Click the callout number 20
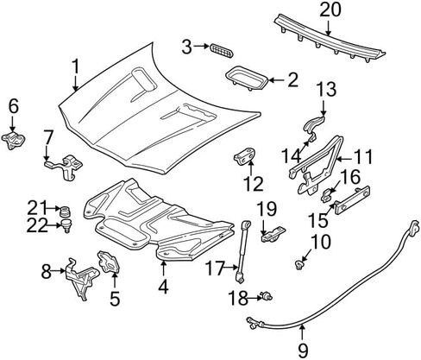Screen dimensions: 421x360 pos(330,10)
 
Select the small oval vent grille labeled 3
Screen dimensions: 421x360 pos(222,51)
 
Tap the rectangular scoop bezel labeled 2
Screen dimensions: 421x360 pos(247,79)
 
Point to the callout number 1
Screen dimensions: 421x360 pos(76,67)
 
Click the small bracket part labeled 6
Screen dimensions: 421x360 pos(14,140)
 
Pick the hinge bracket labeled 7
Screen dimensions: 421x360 pos(66,167)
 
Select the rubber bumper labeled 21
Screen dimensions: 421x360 pos(65,212)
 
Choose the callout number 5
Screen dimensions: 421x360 pos(115,299)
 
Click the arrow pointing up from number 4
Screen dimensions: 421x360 pos(163,268)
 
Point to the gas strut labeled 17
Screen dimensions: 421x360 pos(243,250)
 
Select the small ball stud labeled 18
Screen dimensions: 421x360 pos(267,295)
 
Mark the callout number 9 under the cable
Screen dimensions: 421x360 pos(303,351)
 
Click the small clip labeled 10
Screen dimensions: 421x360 pos(299,263)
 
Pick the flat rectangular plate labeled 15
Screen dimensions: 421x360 pos(352,199)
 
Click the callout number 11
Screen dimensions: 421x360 pos(363,158)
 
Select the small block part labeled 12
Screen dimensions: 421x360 pos(245,155)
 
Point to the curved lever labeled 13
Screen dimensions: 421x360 pos(313,124)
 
